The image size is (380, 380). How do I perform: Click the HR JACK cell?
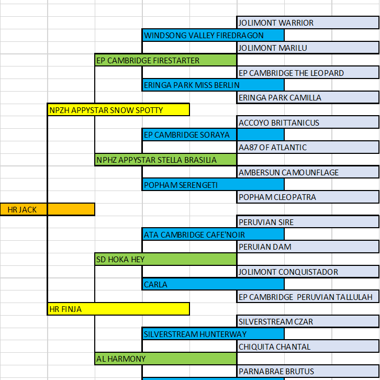point(47,209)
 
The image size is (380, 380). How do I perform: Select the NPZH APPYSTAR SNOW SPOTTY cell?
point(118,110)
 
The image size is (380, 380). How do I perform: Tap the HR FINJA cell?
point(118,309)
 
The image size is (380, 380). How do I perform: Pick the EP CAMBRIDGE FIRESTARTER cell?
point(165,60)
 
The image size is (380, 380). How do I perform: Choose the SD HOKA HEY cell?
point(165,259)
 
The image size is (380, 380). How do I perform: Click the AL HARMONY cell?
point(165,359)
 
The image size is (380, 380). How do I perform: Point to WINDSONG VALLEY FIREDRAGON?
point(213,35)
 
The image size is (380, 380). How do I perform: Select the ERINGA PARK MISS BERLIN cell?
point(213,85)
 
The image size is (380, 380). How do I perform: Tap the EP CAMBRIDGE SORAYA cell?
point(213,135)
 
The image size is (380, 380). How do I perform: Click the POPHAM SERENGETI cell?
point(213,184)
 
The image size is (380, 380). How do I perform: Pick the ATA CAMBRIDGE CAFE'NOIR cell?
point(213,234)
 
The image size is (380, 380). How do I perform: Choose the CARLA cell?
point(213,284)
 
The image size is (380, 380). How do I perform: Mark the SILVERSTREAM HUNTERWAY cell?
point(213,334)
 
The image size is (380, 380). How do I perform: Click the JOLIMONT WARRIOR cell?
point(308,23)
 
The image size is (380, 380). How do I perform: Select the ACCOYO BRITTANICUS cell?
point(308,122)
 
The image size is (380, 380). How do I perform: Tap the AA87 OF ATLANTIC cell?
point(308,147)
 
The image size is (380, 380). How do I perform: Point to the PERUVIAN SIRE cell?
point(308,222)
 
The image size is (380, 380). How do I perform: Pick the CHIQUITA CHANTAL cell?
point(308,347)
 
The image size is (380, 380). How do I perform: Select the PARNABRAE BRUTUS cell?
point(308,371)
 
